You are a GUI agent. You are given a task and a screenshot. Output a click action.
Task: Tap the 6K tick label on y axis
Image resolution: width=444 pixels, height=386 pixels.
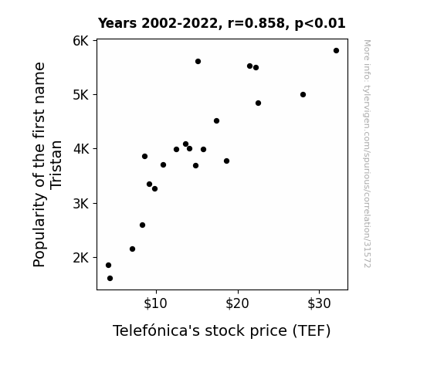point(81,41)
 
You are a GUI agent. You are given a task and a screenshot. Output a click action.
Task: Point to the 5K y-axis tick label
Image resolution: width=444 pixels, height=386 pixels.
point(81,95)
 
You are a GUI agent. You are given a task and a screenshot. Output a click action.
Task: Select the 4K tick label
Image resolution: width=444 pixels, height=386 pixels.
point(81,149)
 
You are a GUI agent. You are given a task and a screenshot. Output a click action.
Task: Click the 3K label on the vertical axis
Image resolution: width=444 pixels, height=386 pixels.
point(81,204)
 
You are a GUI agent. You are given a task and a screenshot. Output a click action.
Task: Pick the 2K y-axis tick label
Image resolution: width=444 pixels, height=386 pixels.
point(81,258)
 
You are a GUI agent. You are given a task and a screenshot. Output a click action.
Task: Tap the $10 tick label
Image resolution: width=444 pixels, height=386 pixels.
point(155,303)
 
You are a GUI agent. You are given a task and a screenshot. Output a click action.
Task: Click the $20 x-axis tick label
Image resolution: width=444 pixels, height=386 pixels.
point(237,303)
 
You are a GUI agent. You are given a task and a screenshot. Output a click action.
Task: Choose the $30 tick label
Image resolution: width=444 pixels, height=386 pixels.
point(319,303)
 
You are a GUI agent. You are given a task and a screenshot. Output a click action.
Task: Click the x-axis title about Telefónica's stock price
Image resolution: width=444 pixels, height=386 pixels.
point(222,330)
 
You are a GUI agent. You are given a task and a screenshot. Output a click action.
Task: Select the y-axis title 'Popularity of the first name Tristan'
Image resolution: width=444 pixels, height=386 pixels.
point(47,164)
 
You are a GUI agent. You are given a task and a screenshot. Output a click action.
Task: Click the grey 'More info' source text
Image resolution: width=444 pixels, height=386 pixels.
point(367,154)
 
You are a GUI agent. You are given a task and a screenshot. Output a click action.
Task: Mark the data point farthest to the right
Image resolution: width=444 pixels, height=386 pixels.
point(336,51)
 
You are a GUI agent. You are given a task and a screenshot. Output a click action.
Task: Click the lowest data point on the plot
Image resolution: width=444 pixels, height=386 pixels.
point(110,279)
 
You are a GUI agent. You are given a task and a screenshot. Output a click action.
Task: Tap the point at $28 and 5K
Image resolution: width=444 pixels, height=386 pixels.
point(303,95)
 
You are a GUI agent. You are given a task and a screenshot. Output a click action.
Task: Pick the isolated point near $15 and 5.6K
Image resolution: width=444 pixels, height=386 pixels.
point(198,62)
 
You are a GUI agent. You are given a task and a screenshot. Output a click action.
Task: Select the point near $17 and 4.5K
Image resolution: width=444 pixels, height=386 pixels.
point(217,121)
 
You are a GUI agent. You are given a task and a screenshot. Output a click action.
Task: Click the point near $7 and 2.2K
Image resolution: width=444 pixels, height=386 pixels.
point(132,249)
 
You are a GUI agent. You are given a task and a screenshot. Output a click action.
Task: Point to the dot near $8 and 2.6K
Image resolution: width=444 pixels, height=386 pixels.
point(142,225)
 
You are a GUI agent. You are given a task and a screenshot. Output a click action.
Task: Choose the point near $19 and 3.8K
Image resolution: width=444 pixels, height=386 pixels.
point(226,161)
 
